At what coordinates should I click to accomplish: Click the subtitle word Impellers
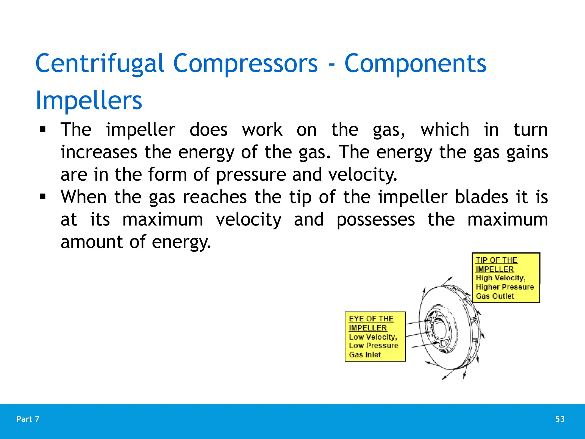89,101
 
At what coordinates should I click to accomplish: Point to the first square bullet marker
43,130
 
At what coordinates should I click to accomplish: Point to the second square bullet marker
43,197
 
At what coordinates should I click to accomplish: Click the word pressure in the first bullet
251,175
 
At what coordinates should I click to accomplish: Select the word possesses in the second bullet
375,219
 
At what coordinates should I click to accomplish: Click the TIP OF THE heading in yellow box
496,260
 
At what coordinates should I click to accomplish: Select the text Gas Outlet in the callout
495,296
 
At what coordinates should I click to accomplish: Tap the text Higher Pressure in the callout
505,287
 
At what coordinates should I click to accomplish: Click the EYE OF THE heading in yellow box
371,319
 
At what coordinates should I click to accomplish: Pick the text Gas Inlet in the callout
365,355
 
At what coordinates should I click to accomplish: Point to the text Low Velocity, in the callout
373,337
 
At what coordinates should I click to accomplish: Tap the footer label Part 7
28,419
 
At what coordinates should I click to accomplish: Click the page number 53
560,419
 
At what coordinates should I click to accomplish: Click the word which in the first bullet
445,130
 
